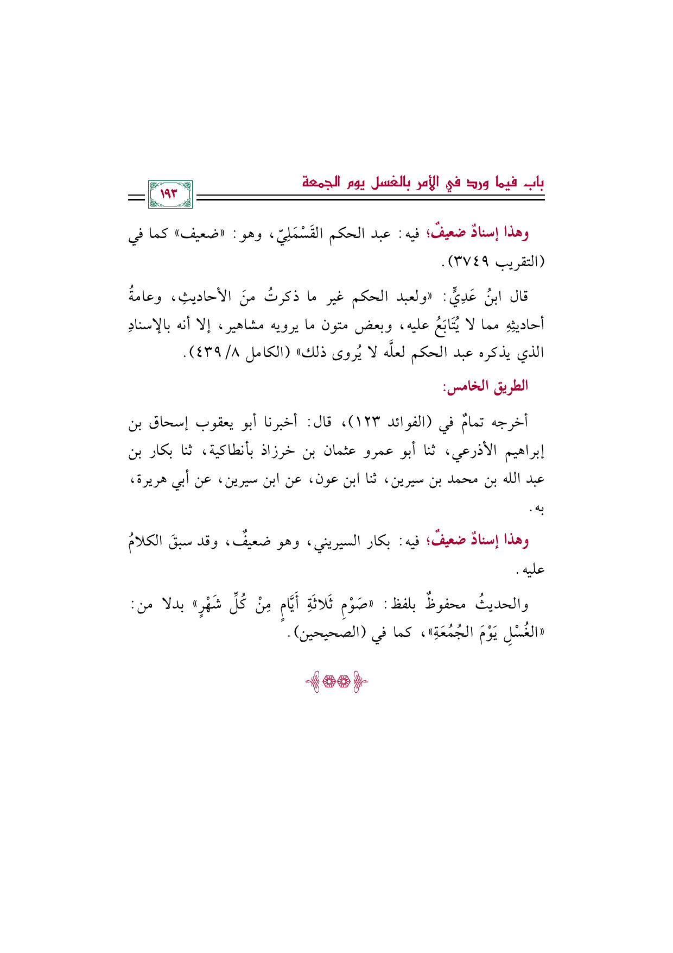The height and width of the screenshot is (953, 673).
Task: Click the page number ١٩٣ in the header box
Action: (x=170, y=195)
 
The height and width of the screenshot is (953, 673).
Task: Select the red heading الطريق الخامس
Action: (x=486, y=387)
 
